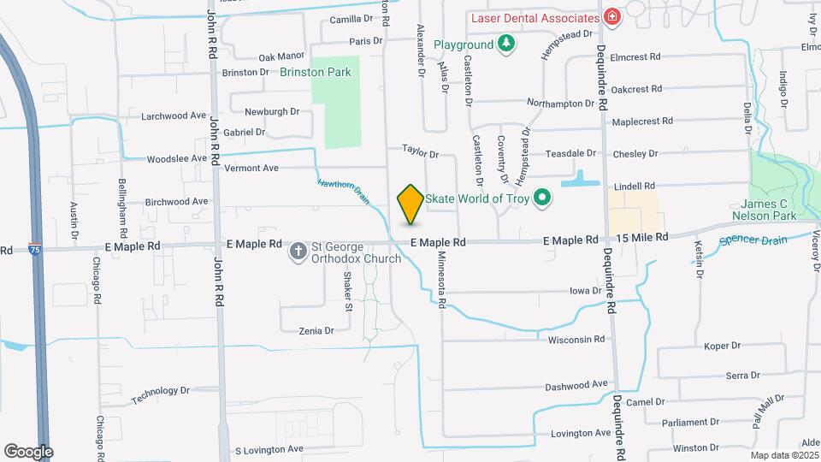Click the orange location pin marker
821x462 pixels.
pos(410,204)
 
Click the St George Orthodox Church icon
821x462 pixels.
pos(298,252)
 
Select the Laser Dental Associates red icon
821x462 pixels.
pos(611,17)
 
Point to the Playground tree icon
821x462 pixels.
pos(507,44)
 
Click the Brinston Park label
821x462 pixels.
pos(316,73)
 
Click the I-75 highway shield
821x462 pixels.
pos(34,250)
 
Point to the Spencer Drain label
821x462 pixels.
pos(753,240)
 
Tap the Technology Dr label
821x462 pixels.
pos(161,395)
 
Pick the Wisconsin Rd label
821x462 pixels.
pos(576,339)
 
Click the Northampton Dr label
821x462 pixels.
pos(560,103)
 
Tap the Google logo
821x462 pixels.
pos(28,452)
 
